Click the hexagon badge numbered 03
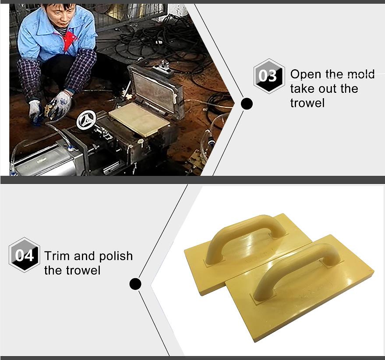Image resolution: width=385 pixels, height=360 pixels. point(268,76)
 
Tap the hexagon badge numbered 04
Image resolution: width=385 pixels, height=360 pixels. point(24,255)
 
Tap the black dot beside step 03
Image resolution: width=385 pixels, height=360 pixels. point(247,104)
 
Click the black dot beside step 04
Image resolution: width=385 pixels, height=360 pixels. point(135,284)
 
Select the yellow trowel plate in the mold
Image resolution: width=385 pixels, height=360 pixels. point(139,118)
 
